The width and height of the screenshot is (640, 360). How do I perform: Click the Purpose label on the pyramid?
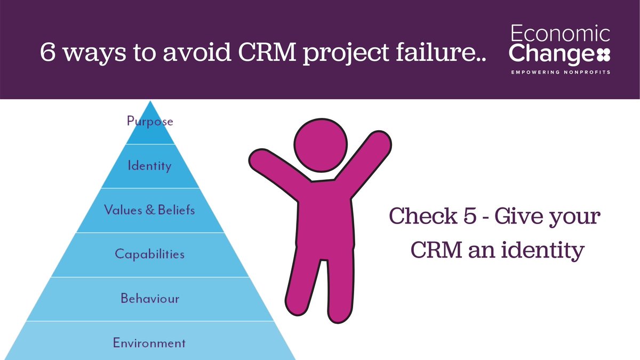pos(150,121)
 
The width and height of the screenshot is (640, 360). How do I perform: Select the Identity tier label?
pos(150,166)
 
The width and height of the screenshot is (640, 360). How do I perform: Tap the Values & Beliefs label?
pos(150,210)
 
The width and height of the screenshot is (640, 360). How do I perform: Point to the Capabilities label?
pos(150,254)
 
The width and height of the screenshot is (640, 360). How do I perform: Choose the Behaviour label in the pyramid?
pos(150,298)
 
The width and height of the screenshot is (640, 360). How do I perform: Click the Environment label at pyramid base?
pos(150,342)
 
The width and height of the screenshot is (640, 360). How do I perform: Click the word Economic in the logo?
pos(561,35)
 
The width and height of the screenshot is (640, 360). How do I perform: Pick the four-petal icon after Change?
pos(604,54)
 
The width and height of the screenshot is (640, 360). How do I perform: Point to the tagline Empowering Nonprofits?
pos(561,71)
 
